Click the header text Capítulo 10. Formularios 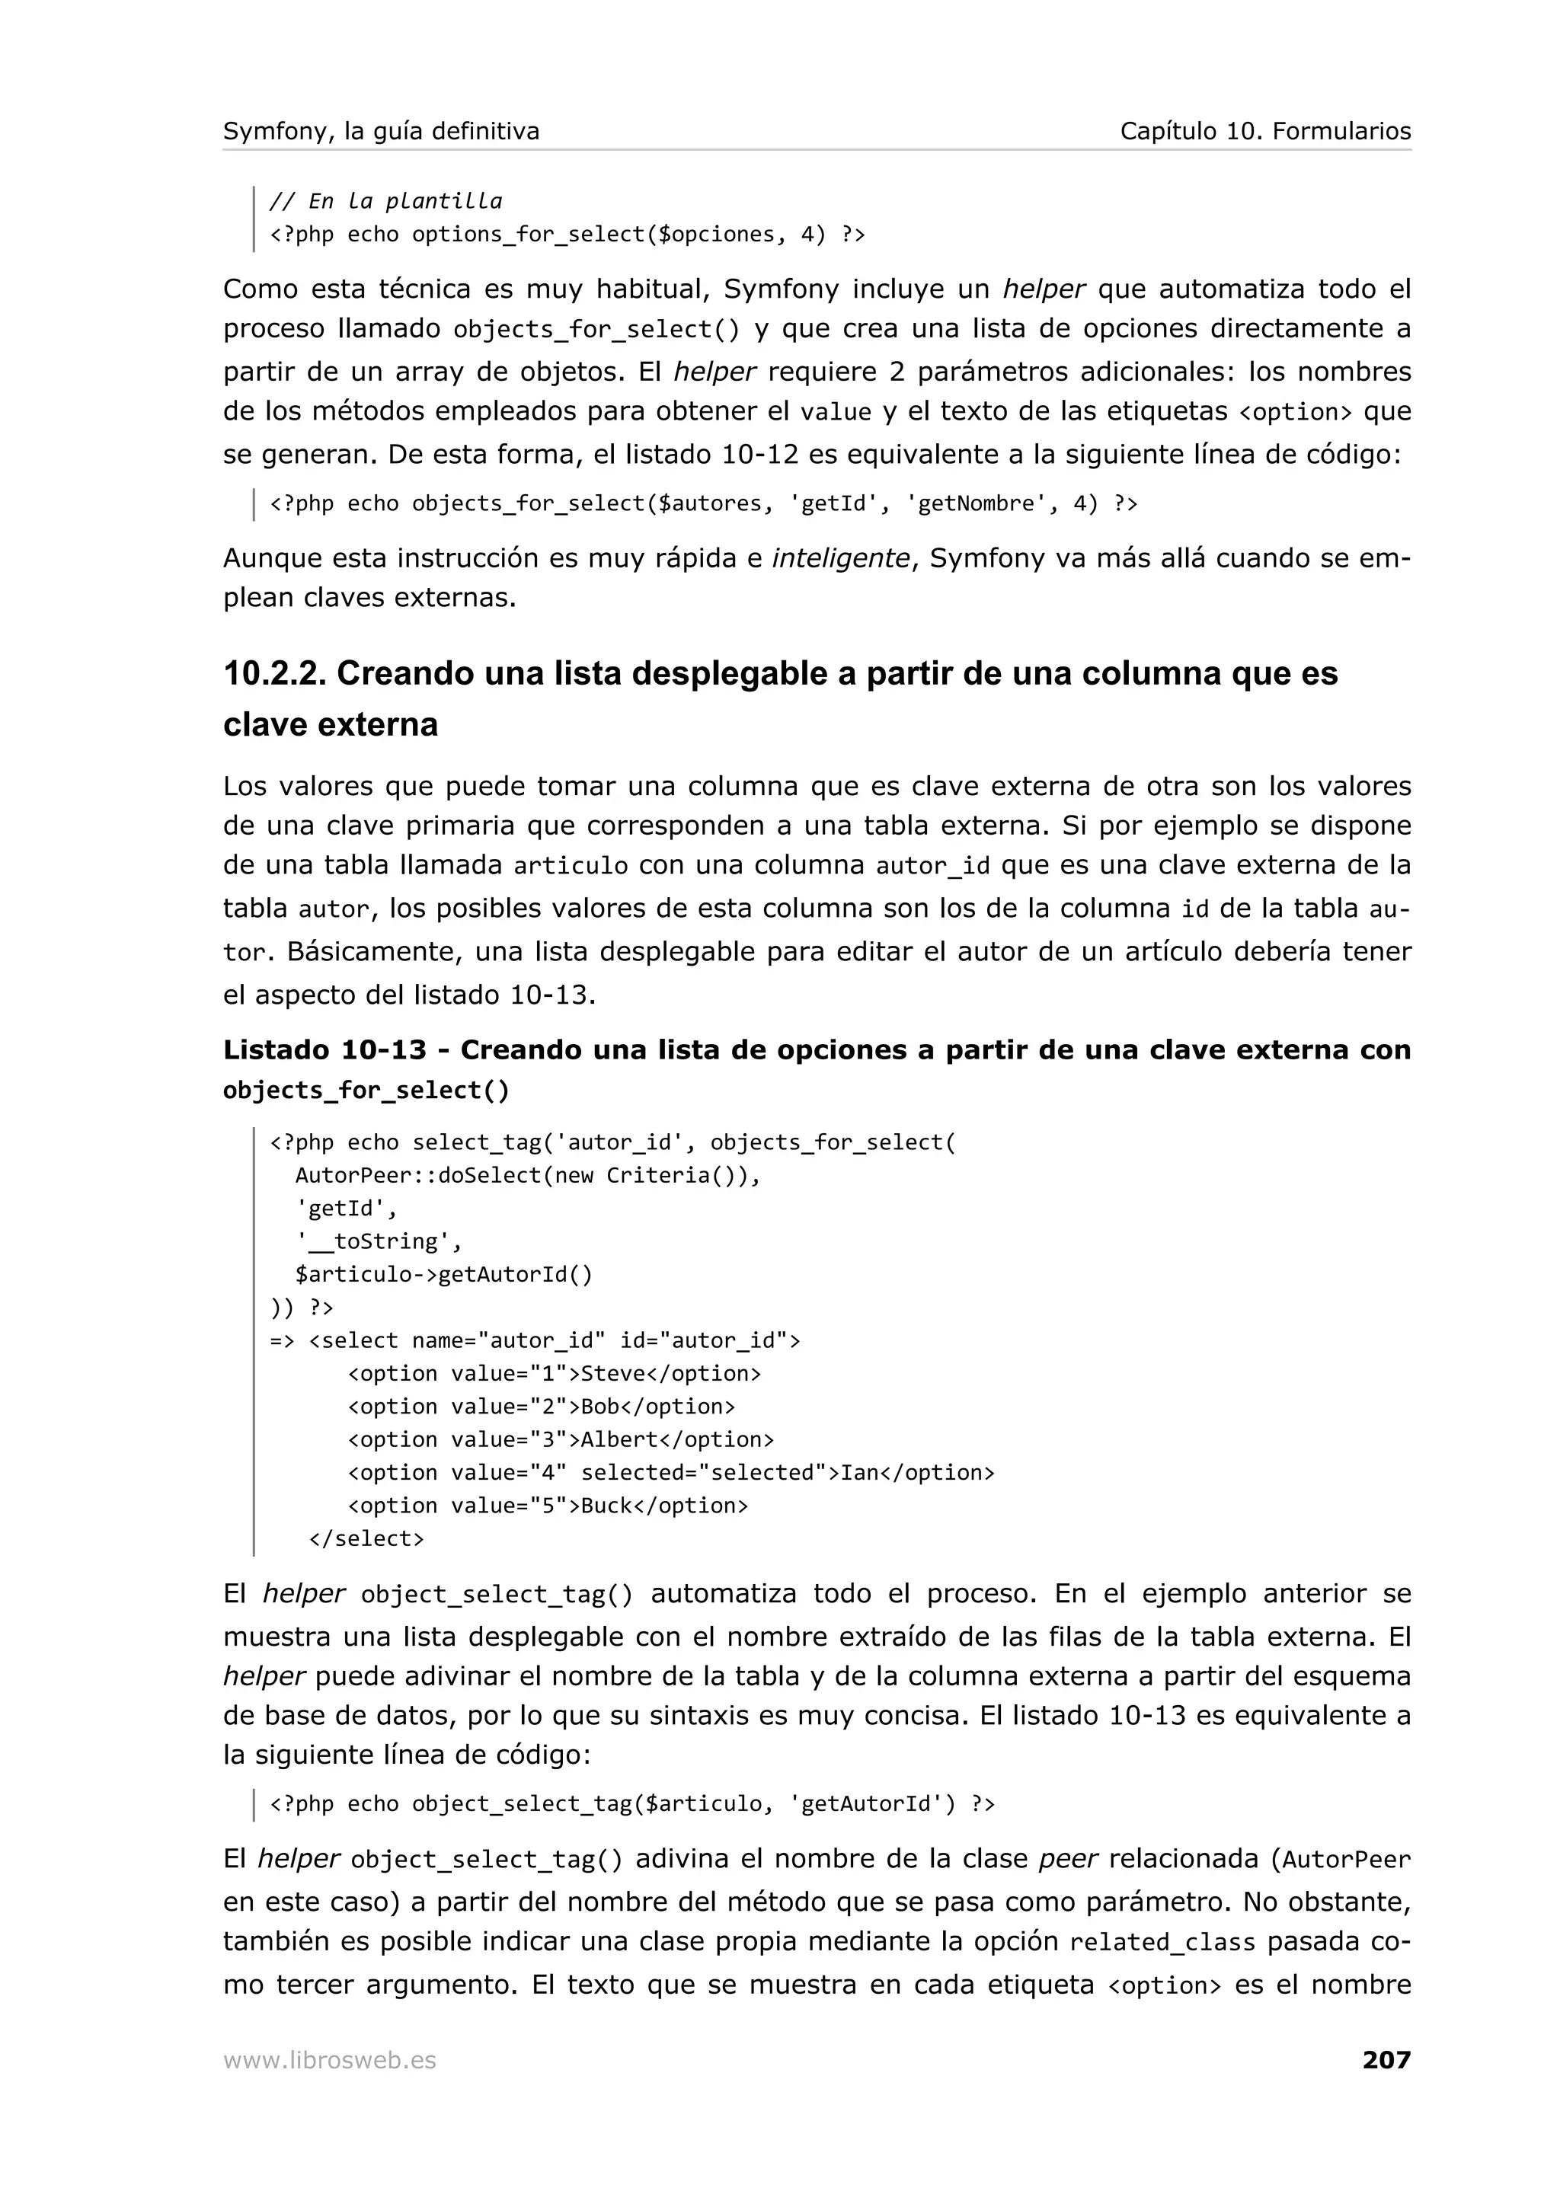(x=1265, y=132)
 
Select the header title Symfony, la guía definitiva (x=381, y=132)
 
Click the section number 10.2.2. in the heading (x=274, y=674)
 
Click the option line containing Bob (x=540, y=1407)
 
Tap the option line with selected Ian (x=670, y=1473)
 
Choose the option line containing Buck (x=547, y=1506)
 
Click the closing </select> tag (x=366, y=1538)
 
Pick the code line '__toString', (x=379, y=1241)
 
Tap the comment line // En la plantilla (x=385, y=201)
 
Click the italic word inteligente (x=840, y=558)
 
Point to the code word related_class (x=1162, y=1943)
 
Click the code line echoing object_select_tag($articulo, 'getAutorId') (x=631, y=1804)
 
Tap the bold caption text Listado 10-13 (x=324, y=1049)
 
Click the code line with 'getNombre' (x=702, y=503)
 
